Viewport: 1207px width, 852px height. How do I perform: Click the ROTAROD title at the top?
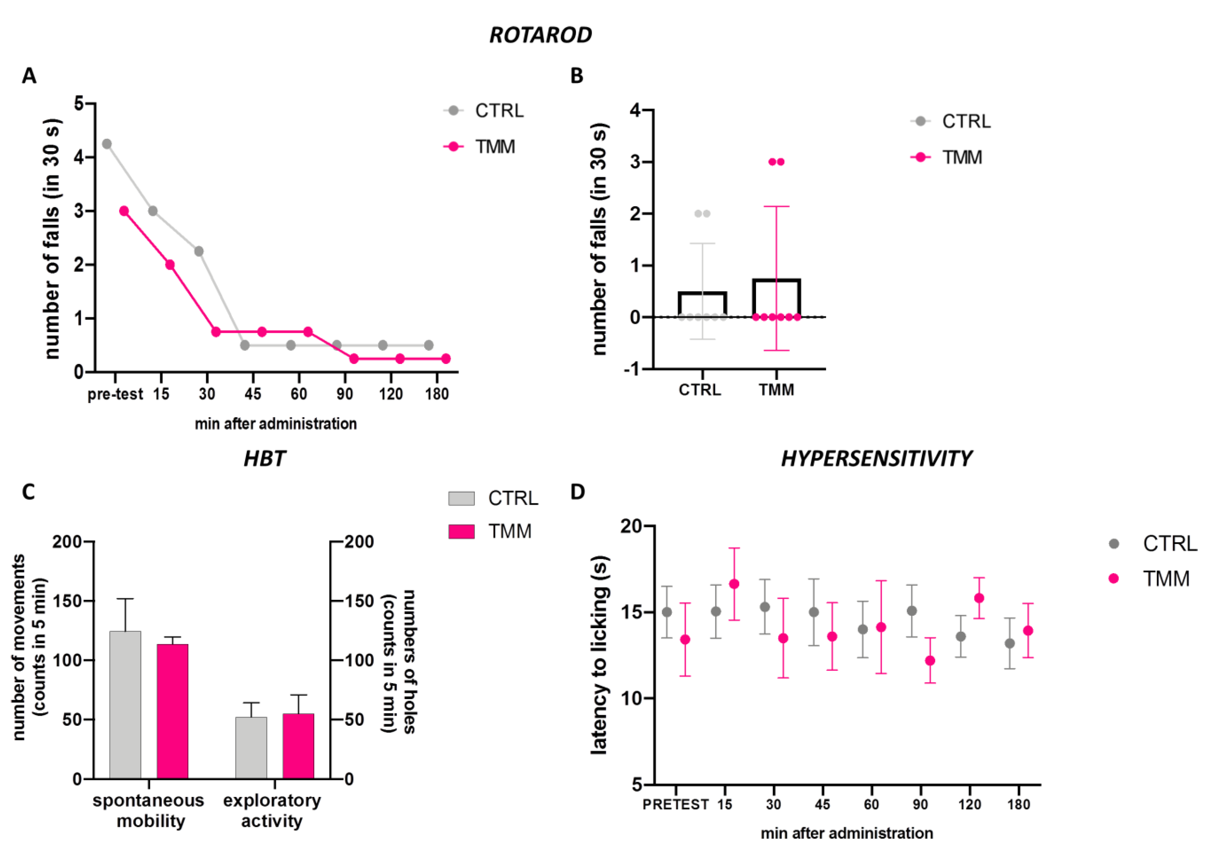click(x=540, y=35)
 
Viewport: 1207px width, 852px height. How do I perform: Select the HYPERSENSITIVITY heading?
click(x=876, y=459)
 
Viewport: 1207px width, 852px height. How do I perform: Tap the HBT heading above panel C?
click(x=264, y=459)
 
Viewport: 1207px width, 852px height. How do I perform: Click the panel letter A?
click(x=29, y=76)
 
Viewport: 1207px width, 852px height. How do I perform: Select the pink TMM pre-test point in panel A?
click(x=124, y=211)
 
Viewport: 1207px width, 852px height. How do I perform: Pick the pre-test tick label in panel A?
click(x=115, y=394)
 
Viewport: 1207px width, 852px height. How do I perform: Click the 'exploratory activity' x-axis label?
click(x=272, y=810)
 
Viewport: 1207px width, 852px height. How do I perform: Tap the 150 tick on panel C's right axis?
click(x=359, y=601)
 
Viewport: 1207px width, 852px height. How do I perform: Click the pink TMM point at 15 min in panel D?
click(x=734, y=584)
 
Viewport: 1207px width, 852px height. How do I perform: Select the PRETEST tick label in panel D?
click(x=675, y=805)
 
